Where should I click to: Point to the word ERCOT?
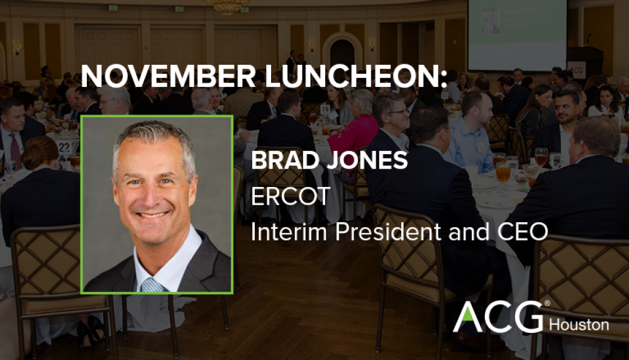290,197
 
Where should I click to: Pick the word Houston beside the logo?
579,325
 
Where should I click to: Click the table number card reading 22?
64,146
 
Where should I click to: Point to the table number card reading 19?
325,109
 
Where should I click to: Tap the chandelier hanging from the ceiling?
228,6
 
